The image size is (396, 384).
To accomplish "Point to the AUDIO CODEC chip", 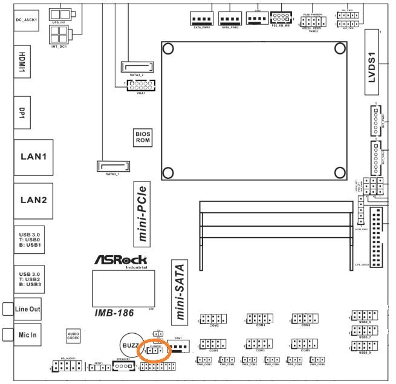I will (73, 335).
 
